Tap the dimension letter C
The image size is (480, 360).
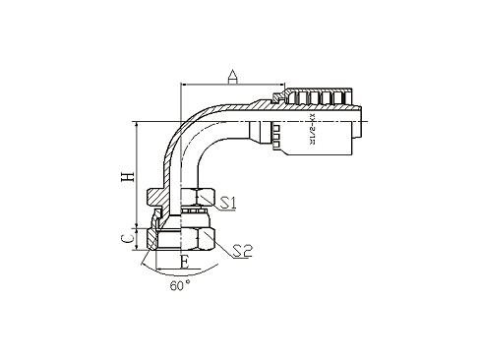(123, 237)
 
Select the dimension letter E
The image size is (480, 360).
(183, 263)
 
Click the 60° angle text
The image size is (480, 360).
(180, 286)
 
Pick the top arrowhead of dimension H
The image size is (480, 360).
(137, 123)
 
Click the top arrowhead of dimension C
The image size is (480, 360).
(137, 226)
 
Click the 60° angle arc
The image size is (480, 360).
(157, 267)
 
